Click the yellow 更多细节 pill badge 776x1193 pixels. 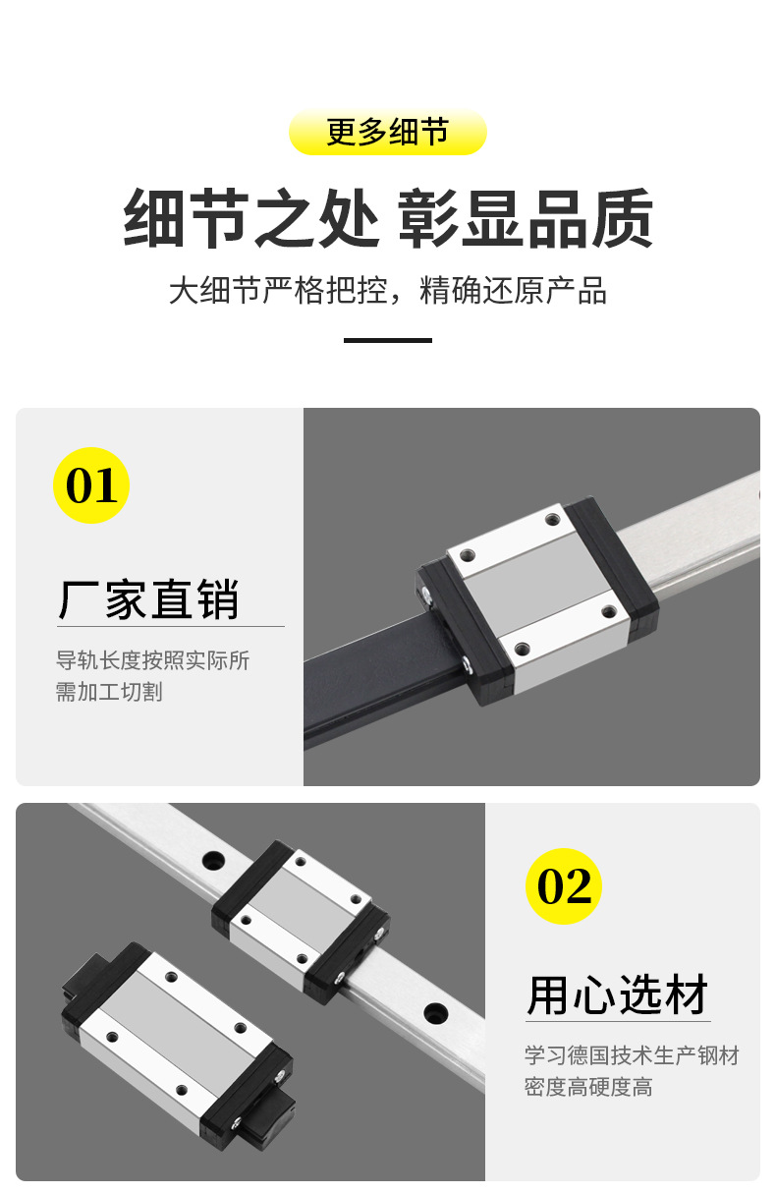coord(387,133)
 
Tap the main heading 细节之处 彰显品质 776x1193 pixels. coord(387,219)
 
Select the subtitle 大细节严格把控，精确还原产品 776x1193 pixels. coord(387,291)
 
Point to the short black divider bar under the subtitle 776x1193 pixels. coord(387,340)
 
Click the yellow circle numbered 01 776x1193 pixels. coord(91,485)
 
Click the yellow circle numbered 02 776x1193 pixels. coord(564,886)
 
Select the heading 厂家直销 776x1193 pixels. coord(148,598)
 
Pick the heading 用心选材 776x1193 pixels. coord(617,994)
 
